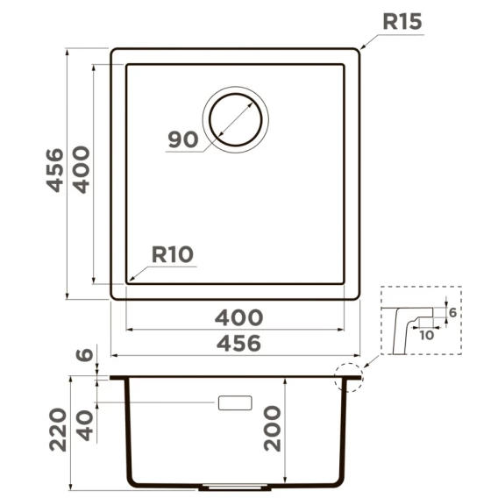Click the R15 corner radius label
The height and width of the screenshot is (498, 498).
pos(402,22)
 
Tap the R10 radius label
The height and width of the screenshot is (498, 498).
pos(173,254)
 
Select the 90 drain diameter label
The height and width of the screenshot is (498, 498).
pos(183,139)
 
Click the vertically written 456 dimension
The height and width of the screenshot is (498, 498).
pos(55,170)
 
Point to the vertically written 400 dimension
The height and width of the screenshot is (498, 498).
pos(82,169)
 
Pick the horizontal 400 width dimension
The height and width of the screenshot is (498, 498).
pos(238,317)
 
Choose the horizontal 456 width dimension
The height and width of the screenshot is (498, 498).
pos(238,344)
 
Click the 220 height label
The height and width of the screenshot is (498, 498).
pos(58,430)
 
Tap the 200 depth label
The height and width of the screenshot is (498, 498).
pos(273,429)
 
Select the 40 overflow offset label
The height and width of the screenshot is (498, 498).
pos(85,425)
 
